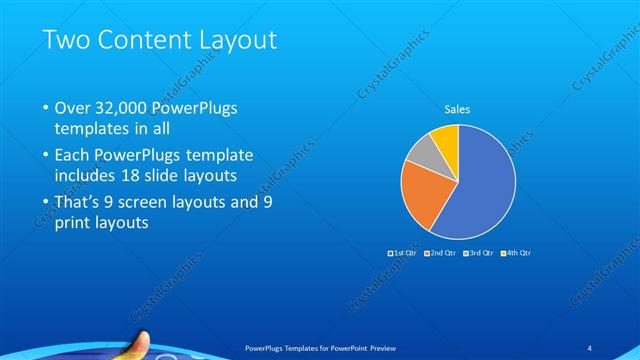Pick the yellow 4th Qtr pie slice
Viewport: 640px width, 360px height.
pyautogui.click(x=446, y=139)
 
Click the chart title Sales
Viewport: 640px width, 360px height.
pyautogui.click(x=457, y=109)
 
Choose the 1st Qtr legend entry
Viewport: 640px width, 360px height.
pyautogui.click(x=404, y=253)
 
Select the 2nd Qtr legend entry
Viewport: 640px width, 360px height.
pyautogui.click(x=440, y=253)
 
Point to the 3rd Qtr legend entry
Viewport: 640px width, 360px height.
pyautogui.click(x=477, y=253)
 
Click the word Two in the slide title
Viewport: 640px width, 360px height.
pyautogui.click(x=64, y=40)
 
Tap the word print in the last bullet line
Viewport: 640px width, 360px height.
pyautogui.click(x=72, y=224)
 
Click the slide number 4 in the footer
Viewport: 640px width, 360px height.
pyautogui.click(x=589, y=347)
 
